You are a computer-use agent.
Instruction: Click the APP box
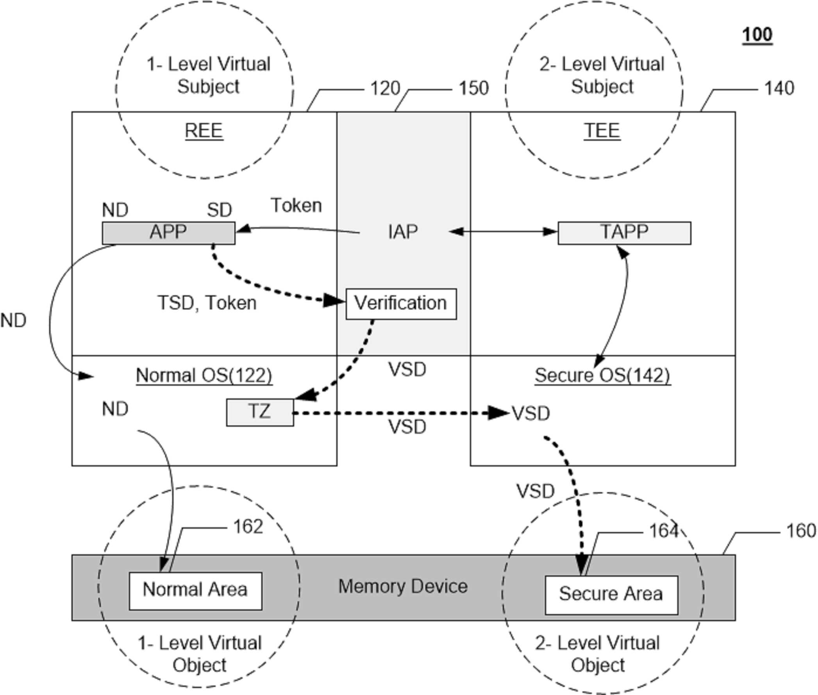click(x=169, y=233)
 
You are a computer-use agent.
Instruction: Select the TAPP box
click(x=624, y=233)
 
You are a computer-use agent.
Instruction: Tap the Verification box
click(x=401, y=304)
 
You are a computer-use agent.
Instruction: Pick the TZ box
click(x=260, y=413)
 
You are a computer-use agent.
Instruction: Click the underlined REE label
click(x=204, y=131)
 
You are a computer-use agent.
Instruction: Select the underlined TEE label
click(x=602, y=131)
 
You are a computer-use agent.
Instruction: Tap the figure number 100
click(x=757, y=36)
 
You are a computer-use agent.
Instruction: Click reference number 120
click(x=385, y=88)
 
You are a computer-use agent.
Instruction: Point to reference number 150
click(x=473, y=88)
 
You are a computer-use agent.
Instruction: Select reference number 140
click(x=779, y=88)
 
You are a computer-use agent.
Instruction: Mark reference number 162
click(x=248, y=526)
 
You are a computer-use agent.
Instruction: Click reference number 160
click(x=801, y=531)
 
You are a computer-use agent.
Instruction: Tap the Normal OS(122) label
click(x=204, y=375)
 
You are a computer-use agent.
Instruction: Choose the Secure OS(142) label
click(x=602, y=375)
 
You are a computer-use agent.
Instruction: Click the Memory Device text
click(x=403, y=586)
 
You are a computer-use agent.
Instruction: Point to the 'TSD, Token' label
click(x=207, y=303)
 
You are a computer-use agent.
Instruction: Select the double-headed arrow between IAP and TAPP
click(x=503, y=232)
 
